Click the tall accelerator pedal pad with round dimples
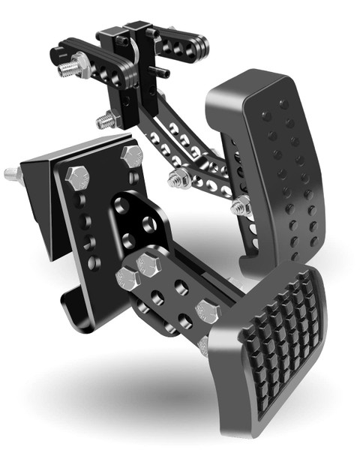click(274, 172)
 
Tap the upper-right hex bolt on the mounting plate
click(130, 156)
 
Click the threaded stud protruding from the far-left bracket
click(10, 174)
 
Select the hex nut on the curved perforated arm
click(178, 178)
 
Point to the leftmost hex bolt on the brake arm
click(125, 280)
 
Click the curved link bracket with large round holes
click(139, 221)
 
